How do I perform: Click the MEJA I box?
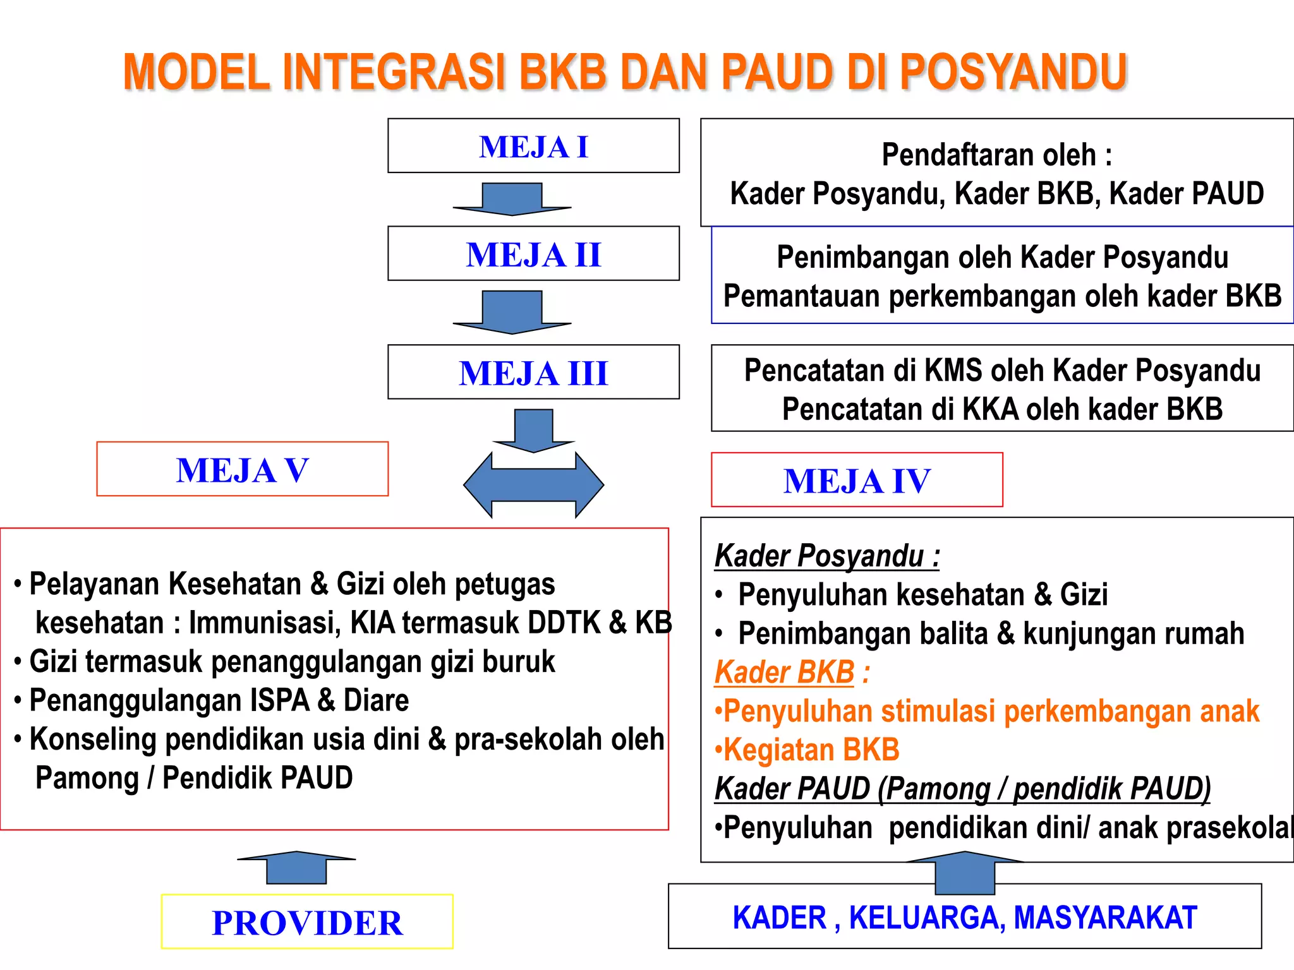coord(533,146)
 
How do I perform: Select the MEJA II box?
coord(533,254)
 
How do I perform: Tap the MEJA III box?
coord(533,372)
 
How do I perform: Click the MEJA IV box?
coord(857,480)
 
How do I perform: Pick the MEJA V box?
coord(242,469)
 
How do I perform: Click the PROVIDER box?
coord(307,922)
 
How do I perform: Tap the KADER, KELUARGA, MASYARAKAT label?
coord(964,918)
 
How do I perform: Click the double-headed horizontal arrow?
coord(533,485)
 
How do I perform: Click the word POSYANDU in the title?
coord(1013,71)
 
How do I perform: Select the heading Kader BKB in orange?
coord(785,672)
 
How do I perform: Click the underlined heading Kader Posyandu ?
coord(826,556)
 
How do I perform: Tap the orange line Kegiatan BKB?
coord(807,750)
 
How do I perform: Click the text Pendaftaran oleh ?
coord(996,155)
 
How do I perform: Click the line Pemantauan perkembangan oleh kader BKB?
coord(1001,296)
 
